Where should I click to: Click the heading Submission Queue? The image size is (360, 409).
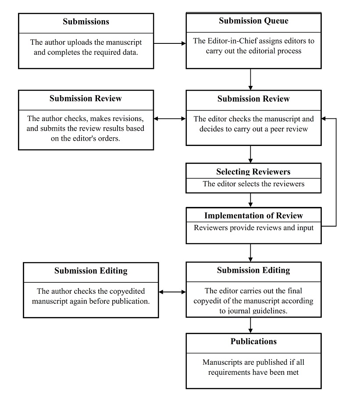(x=253, y=21)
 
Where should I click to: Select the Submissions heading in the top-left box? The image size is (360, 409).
(x=86, y=21)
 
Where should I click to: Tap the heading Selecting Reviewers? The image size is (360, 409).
(x=253, y=172)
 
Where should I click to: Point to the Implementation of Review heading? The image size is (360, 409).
(x=253, y=215)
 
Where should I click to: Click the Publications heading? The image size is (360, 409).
(x=253, y=341)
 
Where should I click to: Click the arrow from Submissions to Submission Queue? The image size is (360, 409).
(x=170, y=43)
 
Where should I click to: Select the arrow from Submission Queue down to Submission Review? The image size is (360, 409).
(x=250, y=79)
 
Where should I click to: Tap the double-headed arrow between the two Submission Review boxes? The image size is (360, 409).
(x=170, y=119)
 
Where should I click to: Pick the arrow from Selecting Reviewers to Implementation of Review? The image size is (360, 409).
(x=250, y=200)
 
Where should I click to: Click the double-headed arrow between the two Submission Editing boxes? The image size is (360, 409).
(x=172, y=292)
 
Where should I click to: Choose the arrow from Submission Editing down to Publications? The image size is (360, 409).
(x=250, y=325)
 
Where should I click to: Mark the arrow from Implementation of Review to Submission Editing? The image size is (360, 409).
(x=250, y=253)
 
